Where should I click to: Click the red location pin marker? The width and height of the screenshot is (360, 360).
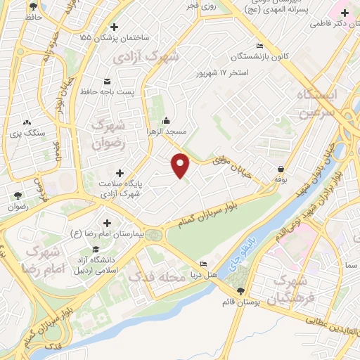click(x=181, y=165)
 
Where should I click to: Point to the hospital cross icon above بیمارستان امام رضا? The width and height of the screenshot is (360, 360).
click(x=107, y=222)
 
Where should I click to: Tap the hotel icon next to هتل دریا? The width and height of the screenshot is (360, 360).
click(x=204, y=264)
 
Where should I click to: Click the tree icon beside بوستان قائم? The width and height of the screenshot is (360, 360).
click(x=240, y=290)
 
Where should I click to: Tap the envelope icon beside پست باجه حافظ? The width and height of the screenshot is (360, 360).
click(x=107, y=80)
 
